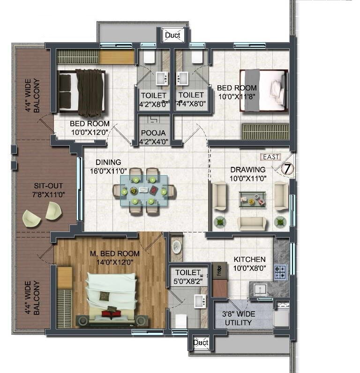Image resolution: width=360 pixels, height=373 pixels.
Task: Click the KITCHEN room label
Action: coord(249,259)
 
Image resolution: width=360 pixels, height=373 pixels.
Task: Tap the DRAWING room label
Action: coord(248,169)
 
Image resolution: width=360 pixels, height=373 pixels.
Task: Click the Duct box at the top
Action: coord(173,35)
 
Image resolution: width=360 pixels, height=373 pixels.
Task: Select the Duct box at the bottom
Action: coord(201,343)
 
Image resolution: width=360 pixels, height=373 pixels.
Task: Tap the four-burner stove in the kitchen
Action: coord(280,272)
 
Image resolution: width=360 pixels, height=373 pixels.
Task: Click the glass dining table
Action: coord(143,191)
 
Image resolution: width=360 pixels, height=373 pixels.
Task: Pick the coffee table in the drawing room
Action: coord(252,198)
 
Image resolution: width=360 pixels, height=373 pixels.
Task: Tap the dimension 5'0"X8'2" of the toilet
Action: coord(187,281)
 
